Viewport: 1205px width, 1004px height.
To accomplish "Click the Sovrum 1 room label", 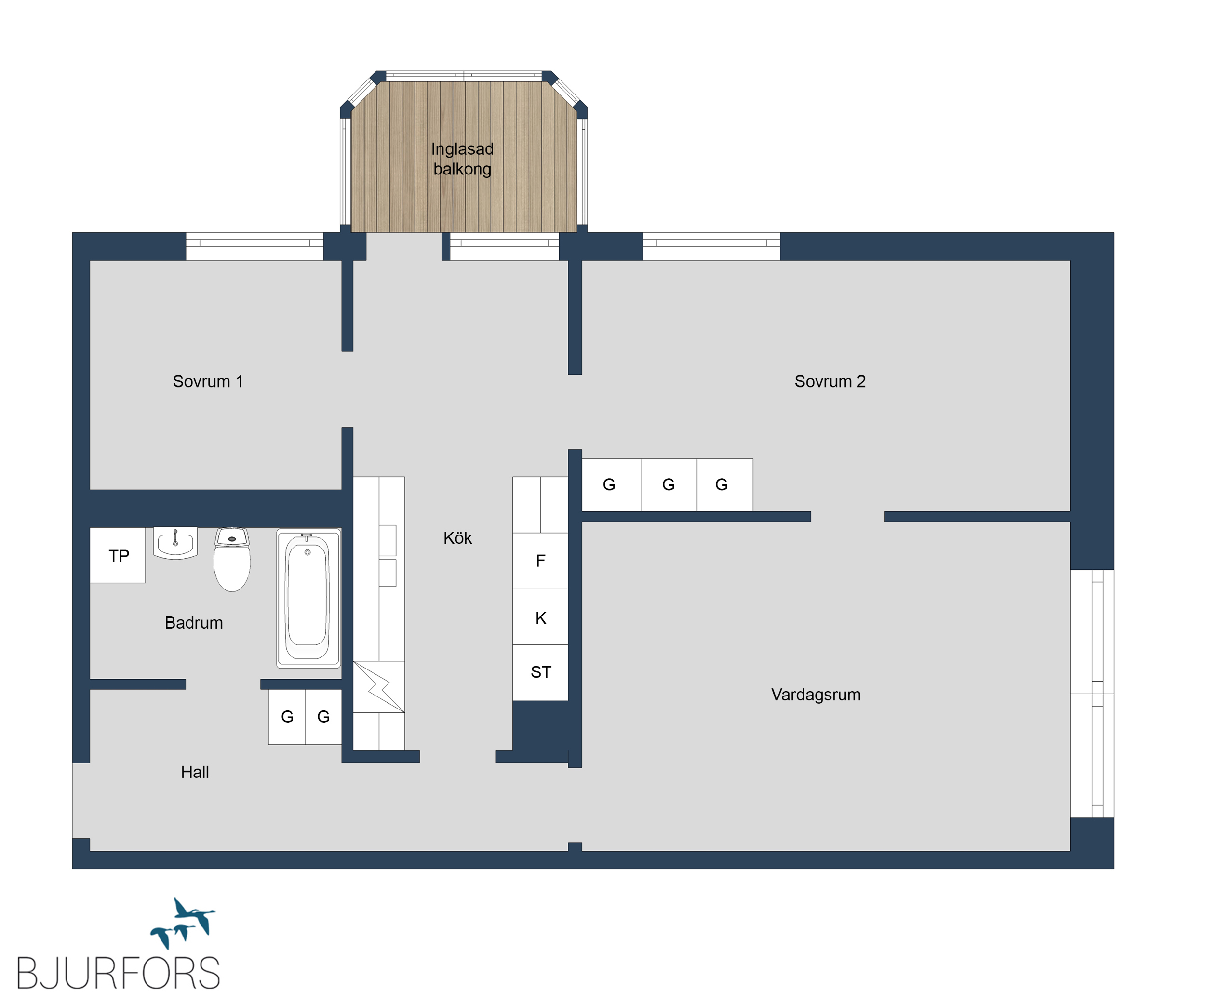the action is (208, 382).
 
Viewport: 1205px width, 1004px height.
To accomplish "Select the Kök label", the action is (457, 538).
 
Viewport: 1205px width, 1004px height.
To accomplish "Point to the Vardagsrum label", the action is (816, 695).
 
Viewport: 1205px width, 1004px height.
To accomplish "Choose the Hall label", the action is (195, 772).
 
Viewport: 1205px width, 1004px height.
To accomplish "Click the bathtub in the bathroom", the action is (308, 598).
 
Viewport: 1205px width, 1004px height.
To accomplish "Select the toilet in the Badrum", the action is (232, 560).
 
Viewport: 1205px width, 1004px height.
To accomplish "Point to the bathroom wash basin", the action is (175, 543).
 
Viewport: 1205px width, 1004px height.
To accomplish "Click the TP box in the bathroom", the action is (118, 555).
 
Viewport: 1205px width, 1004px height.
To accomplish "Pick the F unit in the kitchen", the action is (540, 561).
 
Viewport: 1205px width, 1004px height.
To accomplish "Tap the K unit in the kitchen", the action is (540, 617).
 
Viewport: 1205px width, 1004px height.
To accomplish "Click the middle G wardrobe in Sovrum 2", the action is (669, 485).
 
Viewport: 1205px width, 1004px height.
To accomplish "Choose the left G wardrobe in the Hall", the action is (287, 717).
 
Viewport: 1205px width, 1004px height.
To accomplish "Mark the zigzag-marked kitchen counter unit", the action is (379, 687).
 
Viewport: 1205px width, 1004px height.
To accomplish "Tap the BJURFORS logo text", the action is (118, 973).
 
